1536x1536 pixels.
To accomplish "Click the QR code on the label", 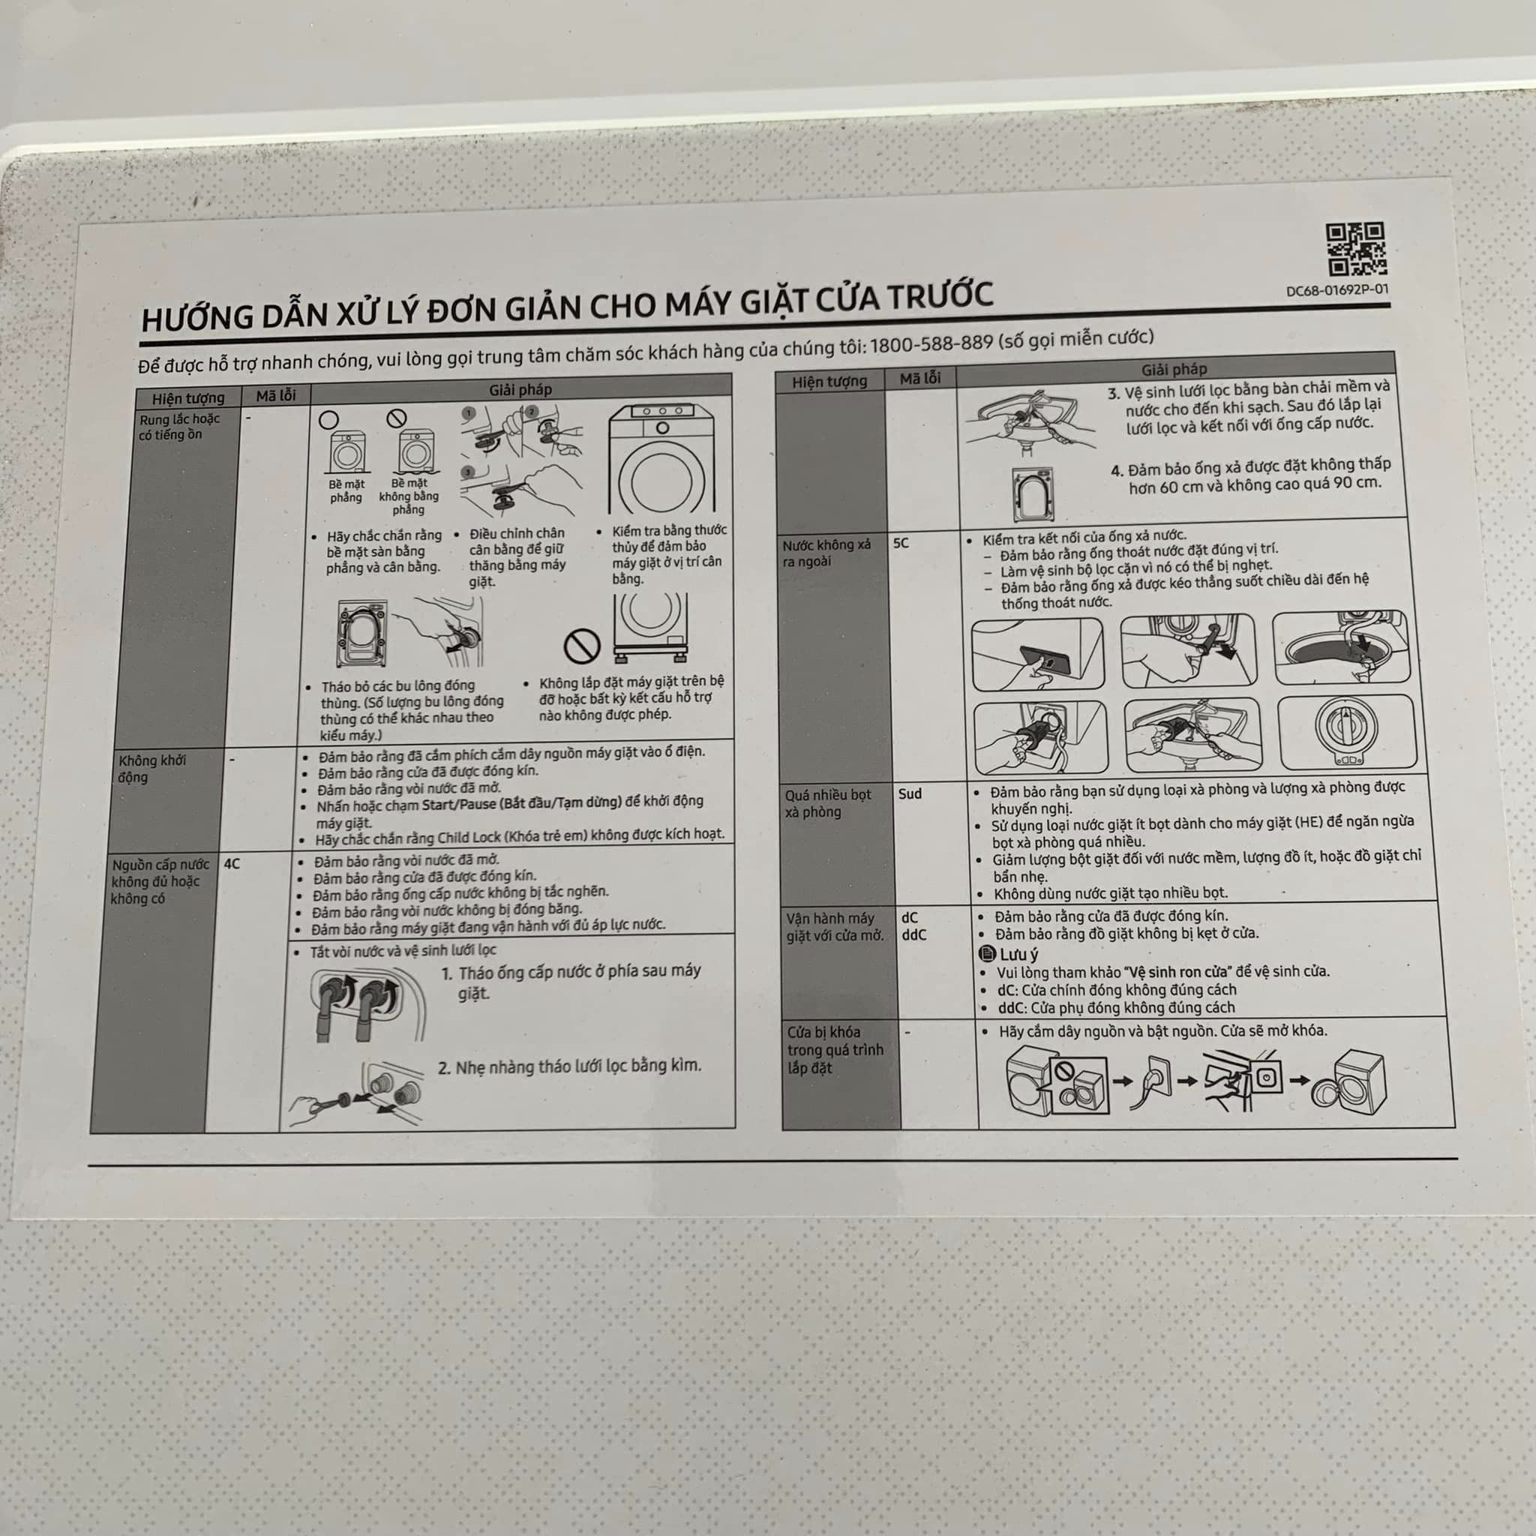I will tap(1355, 249).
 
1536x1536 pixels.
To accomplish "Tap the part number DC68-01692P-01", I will tap(1337, 290).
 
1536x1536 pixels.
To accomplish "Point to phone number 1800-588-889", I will tap(931, 344).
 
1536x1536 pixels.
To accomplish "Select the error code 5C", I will tap(901, 543).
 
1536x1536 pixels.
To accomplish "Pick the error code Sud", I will tap(910, 793).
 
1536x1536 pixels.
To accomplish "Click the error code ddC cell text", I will tap(913, 935).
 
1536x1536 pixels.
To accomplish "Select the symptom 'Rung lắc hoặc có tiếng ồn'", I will tap(179, 426).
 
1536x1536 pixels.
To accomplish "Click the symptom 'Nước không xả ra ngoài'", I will tap(826, 553).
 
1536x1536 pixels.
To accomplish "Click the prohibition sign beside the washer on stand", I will tap(581, 646).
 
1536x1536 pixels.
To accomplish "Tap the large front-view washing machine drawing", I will tap(661, 461).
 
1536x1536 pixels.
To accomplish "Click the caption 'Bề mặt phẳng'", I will tap(346, 490).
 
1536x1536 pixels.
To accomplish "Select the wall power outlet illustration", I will tap(1156, 1078).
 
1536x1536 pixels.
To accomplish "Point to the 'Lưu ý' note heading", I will tap(1010, 954).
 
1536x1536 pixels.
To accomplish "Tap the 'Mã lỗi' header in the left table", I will tap(276, 395).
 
